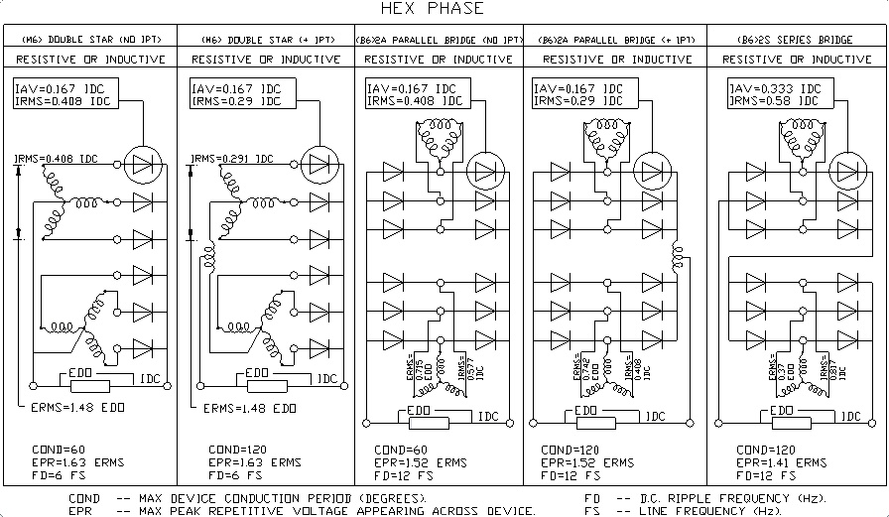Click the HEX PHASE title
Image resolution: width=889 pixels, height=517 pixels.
click(x=445, y=9)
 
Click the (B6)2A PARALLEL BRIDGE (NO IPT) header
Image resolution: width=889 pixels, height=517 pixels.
click(x=438, y=40)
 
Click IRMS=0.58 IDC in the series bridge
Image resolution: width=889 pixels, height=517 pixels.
click(x=775, y=100)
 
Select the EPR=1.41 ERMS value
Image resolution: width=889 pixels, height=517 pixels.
click(x=783, y=462)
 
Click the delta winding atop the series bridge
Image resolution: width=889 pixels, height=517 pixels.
click(x=795, y=131)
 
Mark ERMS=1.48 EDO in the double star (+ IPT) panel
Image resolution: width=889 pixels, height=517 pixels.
click(x=249, y=408)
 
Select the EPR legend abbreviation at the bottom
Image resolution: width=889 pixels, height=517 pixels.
click(x=80, y=511)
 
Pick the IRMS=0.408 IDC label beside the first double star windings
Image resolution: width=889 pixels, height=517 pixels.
click(x=58, y=158)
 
